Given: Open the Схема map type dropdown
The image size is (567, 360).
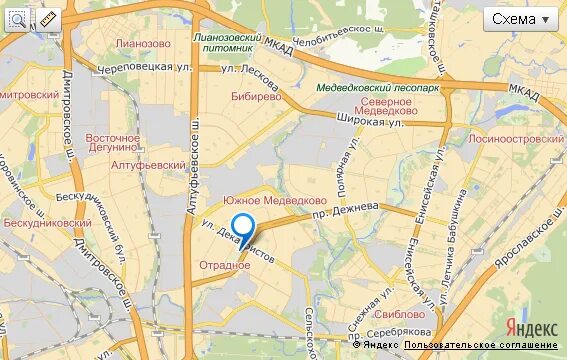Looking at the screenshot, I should [x=521, y=19].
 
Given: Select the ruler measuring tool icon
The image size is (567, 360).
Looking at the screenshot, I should [x=46, y=19].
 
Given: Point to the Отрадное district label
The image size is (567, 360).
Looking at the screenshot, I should [x=224, y=265].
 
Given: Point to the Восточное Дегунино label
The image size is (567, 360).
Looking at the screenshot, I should [x=112, y=144].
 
